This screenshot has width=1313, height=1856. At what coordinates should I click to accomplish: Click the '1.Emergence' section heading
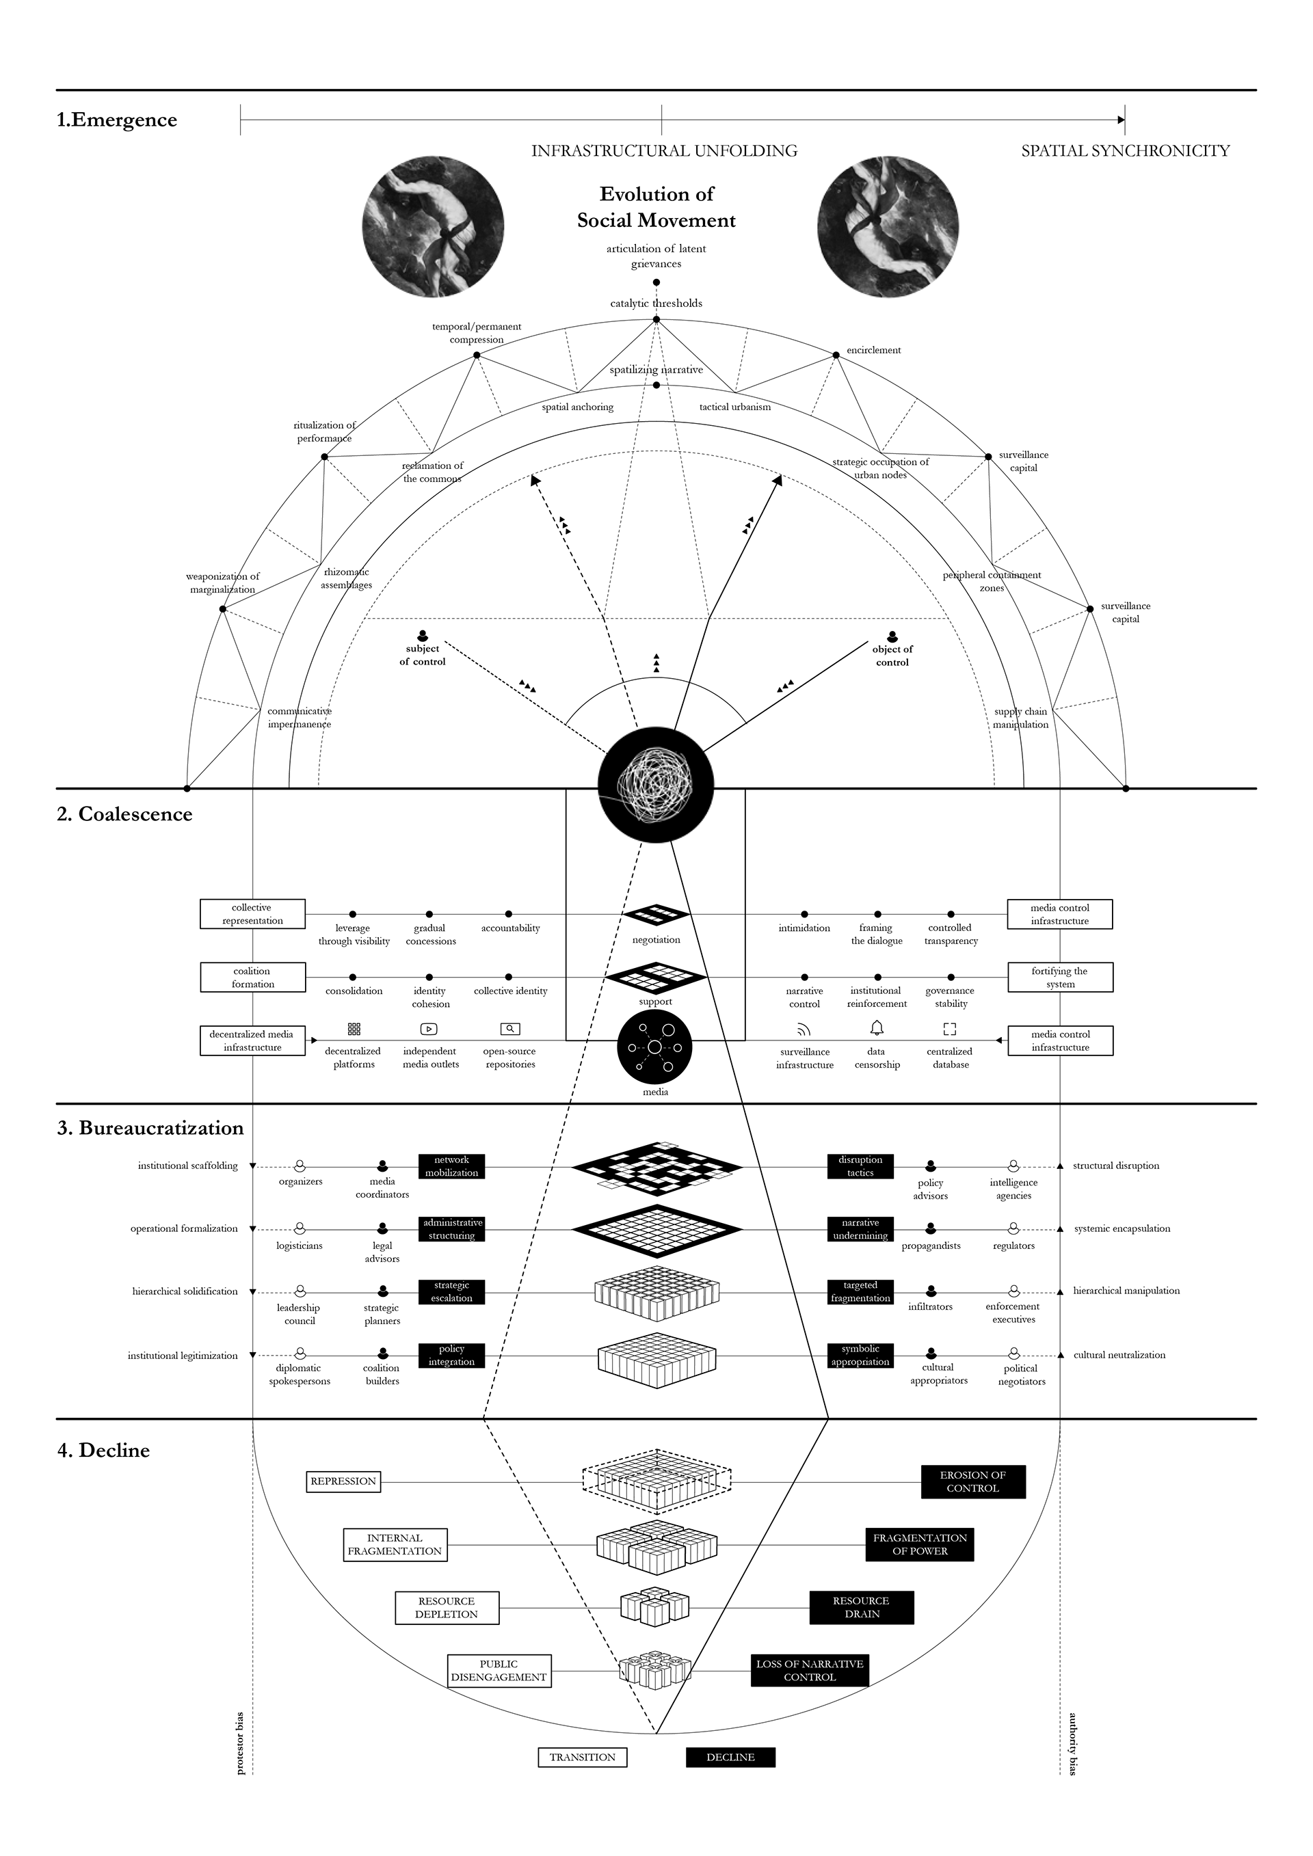tap(116, 120)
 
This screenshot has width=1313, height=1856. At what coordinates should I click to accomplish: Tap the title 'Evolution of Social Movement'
tap(656, 207)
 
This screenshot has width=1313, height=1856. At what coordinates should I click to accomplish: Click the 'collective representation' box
tap(252, 914)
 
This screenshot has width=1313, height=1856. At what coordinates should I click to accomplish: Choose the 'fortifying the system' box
tap(1060, 978)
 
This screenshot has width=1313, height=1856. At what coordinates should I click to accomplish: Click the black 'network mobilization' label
tap(451, 1166)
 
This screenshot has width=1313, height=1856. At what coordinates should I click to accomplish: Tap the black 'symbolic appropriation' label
tap(860, 1356)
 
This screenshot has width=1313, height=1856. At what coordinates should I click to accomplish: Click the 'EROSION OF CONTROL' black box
tap(972, 1482)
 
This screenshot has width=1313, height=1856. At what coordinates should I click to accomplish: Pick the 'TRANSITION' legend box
tap(582, 1758)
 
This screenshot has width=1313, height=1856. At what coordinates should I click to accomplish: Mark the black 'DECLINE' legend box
tap(730, 1758)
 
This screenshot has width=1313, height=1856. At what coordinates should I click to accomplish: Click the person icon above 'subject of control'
tap(422, 636)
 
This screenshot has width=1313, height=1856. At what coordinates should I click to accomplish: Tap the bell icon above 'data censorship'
tap(877, 1028)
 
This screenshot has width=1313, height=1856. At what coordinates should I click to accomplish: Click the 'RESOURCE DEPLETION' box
tap(447, 1608)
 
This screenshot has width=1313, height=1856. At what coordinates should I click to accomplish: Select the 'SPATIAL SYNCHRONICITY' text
tap(1125, 151)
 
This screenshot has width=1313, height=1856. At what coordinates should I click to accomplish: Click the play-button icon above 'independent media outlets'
tap(429, 1029)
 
